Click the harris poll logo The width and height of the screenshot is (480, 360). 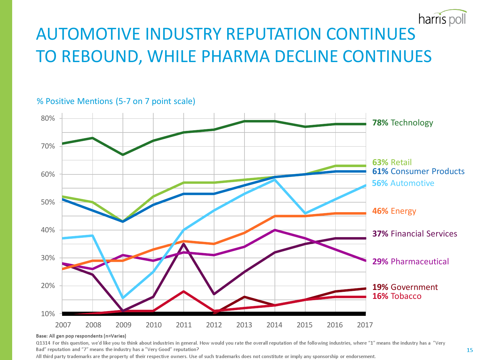coord(442,19)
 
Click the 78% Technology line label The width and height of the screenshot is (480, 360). coord(403,123)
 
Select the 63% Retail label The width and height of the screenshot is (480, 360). coord(392,162)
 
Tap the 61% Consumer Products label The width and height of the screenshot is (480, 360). coord(418,171)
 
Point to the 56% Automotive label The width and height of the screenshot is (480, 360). coord(403,183)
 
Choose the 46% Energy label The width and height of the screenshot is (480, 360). coord(394,211)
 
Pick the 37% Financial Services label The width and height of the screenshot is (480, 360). coord(415,234)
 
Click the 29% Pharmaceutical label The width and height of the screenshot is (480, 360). coord(411,261)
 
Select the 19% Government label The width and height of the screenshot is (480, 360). coord(405,287)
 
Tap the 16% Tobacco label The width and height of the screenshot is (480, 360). coord(397,296)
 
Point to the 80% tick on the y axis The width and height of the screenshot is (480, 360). coord(48,118)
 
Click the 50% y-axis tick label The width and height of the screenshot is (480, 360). coord(48,202)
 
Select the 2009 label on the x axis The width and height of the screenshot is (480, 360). coord(123,325)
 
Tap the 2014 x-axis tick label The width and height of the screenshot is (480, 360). coord(274,325)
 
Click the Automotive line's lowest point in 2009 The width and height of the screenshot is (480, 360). coord(123,298)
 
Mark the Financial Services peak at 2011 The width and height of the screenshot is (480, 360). coord(184,244)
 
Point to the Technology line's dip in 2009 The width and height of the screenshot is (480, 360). coord(123,155)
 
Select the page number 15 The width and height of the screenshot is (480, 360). coord(469,350)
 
